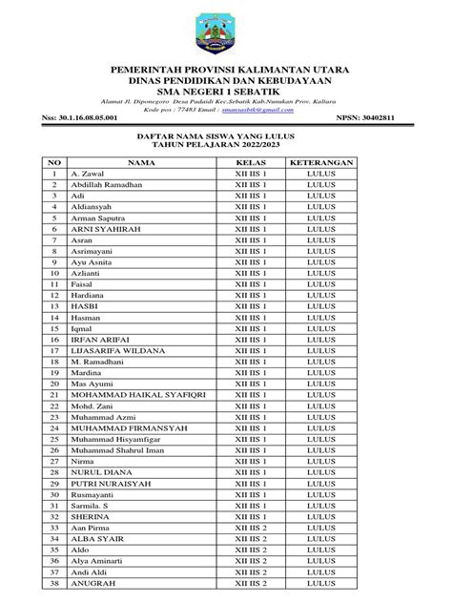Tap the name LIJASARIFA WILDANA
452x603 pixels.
tap(119, 350)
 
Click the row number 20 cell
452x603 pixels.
tap(56, 383)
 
